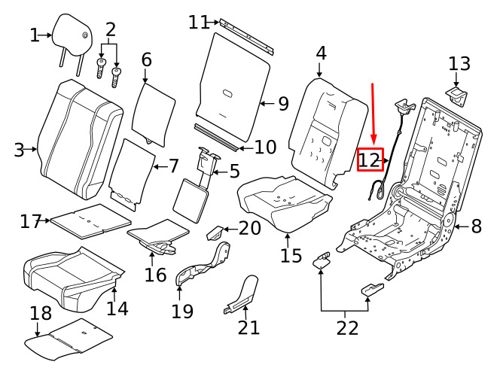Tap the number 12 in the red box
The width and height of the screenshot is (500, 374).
(370, 160)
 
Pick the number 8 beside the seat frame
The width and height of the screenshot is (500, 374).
(476, 225)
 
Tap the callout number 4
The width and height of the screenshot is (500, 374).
(321, 53)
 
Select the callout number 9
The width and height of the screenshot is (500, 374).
(282, 103)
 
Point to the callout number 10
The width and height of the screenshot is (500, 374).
(265, 147)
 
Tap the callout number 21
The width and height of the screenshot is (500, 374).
(248, 327)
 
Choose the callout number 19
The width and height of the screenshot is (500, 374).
(182, 310)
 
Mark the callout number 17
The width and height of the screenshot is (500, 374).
(30, 221)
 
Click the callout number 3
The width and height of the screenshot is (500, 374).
(20, 150)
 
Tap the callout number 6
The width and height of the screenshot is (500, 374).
(146, 59)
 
